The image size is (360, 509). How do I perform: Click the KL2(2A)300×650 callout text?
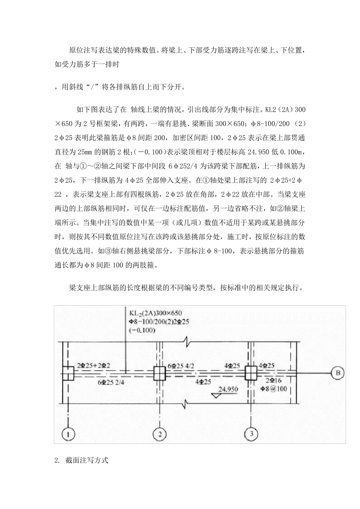point(156,313)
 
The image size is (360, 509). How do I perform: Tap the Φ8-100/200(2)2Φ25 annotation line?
point(159,322)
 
